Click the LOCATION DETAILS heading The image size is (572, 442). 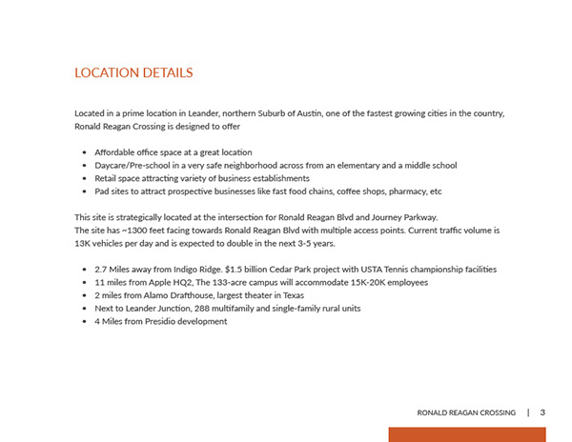[133, 72]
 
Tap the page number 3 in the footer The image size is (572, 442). [542, 412]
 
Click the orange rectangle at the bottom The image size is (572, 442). [466, 434]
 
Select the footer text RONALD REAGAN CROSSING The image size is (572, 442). [467, 412]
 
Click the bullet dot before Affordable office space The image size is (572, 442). [86, 152]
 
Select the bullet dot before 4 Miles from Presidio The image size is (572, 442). [86, 322]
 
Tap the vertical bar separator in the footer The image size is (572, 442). [528, 412]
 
